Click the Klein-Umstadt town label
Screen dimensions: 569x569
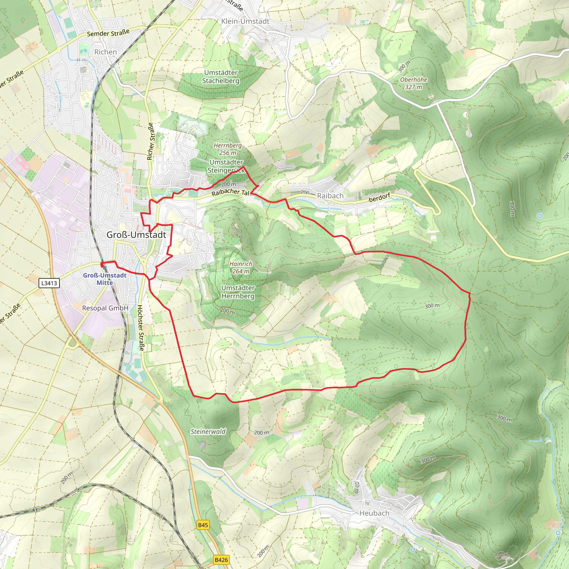[x=245, y=21]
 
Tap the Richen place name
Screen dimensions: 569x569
[x=105, y=52]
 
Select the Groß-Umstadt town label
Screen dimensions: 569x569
[x=136, y=235]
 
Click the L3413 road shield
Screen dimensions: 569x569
[x=49, y=283]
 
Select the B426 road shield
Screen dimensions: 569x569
[x=221, y=560]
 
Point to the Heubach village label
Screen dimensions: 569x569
[x=374, y=513]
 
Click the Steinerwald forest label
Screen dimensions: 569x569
[x=208, y=431]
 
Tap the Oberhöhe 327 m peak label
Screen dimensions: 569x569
[x=413, y=83]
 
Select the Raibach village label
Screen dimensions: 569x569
[x=330, y=196]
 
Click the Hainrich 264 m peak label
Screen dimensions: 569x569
[x=241, y=268]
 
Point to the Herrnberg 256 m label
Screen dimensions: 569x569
[x=227, y=149]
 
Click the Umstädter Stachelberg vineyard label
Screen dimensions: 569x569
[x=221, y=77]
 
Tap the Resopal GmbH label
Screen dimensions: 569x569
[x=105, y=308]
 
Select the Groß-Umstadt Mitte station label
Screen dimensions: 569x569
[x=104, y=279]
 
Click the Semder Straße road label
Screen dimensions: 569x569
[x=108, y=33]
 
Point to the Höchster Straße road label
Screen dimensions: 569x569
[x=141, y=328]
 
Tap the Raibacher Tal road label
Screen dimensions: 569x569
[x=230, y=192]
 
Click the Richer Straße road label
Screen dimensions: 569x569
[x=151, y=141]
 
